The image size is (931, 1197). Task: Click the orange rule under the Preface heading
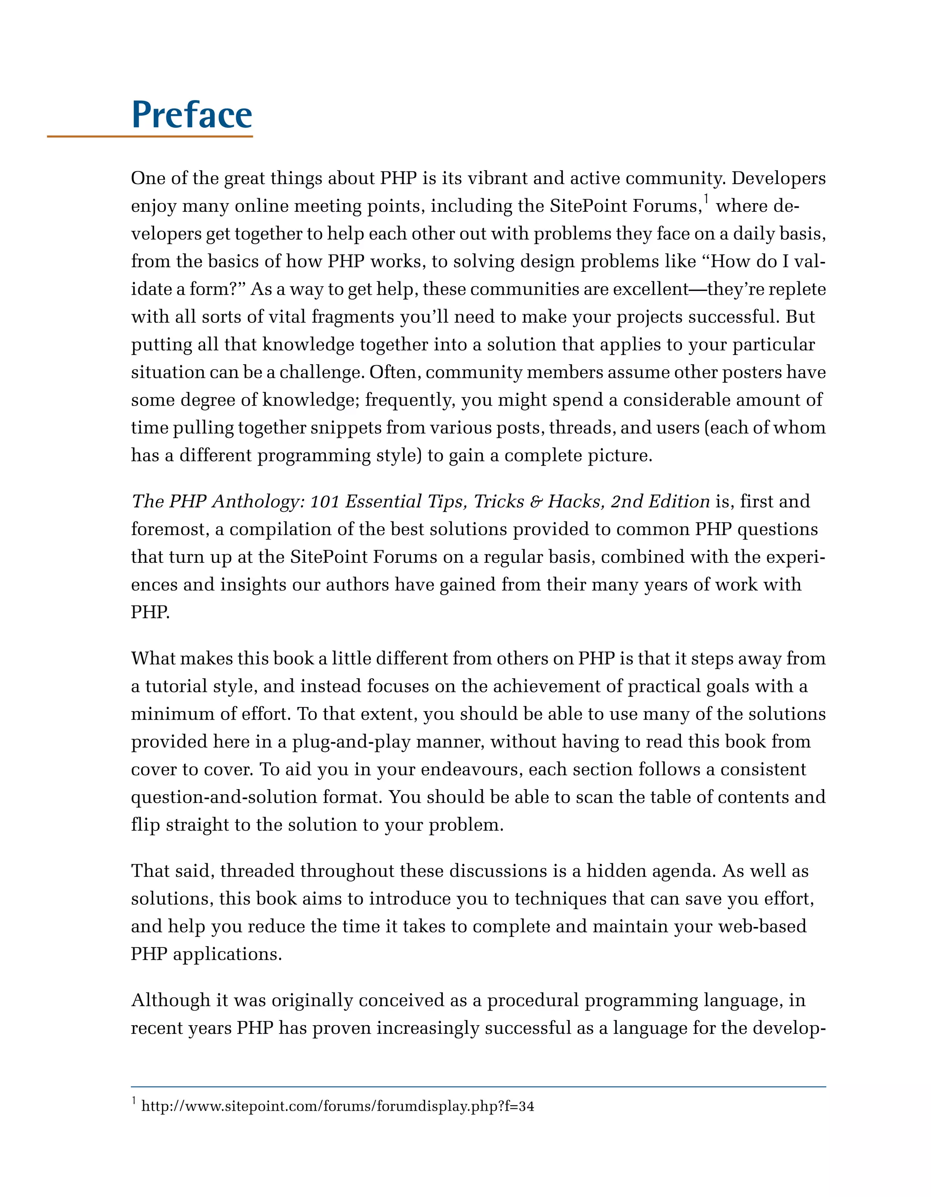(150, 136)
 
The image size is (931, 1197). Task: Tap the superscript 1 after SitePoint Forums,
(706, 198)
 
